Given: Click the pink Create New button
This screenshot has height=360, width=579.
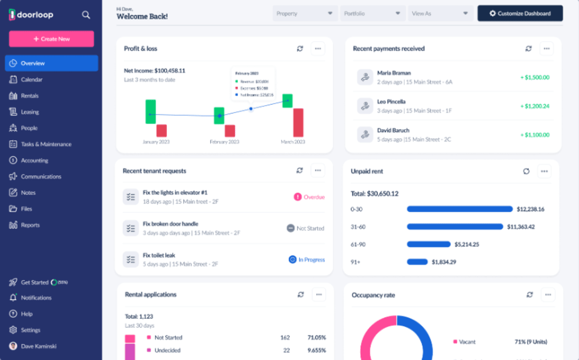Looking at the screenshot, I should click(x=51, y=39).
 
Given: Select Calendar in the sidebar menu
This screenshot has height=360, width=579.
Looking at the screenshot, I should click(x=31, y=79).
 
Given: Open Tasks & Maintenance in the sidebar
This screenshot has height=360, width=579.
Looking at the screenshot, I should click(x=46, y=144).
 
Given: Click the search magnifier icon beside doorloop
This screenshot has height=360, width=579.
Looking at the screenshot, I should click(x=86, y=15).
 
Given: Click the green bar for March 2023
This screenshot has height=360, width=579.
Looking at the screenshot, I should click(x=287, y=101).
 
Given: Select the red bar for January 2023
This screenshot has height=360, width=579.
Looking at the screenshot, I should click(x=161, y=131).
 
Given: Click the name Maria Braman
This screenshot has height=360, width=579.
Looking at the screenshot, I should click(x=394, y=73).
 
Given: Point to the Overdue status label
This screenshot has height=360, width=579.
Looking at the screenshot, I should click(x=309, y=197).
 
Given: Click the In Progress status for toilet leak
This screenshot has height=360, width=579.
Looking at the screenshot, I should click(x=307, y=259).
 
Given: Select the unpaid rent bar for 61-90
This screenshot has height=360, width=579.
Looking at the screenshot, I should click(x=428, y=244).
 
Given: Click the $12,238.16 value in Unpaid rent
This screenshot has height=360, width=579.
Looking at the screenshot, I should click(x=530, y=209).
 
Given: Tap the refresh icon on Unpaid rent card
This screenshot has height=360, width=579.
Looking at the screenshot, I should click(x=526, y=171).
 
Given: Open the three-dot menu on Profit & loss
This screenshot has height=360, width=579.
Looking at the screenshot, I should click(x=318, y=49).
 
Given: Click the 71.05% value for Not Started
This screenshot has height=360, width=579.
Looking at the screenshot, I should click(x=316, y=337).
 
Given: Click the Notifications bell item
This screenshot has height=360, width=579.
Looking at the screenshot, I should click(x=36, y=298).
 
